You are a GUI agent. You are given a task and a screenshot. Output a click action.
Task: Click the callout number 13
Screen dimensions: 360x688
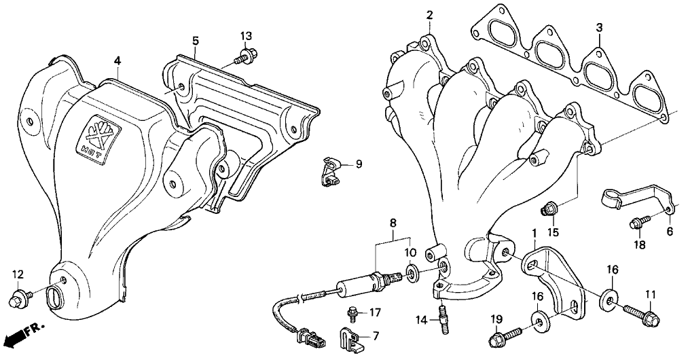(x=246, y=35)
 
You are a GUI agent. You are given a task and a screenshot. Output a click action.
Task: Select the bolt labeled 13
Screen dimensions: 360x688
(x=244, y=57)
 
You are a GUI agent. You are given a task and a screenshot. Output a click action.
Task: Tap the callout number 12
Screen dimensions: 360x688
(x=18, y=274)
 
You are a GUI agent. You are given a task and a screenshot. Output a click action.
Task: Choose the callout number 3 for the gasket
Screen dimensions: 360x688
(x=599, y=27)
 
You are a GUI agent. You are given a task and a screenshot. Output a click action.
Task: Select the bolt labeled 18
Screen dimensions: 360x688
(x=640, y=221)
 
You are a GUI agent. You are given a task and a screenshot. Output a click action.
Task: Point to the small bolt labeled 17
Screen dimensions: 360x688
(x=352, y=314)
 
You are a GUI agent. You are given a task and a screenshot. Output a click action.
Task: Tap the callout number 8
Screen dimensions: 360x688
(x=392, y=222)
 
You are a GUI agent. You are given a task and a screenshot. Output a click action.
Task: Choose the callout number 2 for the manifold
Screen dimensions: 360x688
(x=429, y=14)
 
